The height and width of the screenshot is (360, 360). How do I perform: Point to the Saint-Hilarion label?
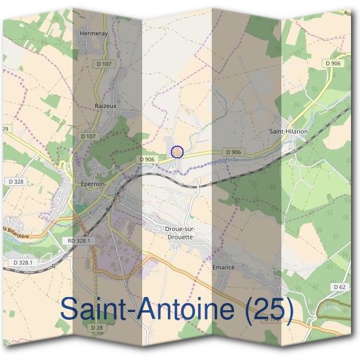click(288, 131)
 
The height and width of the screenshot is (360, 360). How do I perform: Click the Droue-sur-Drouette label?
click(179, 232)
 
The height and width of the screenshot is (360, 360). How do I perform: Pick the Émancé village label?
click(223, 266)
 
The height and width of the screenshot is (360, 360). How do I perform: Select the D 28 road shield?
click(97, 328)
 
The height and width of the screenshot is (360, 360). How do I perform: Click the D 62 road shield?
click(340, 287)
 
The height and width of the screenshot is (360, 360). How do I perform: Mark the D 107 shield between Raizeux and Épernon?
click(88, 136)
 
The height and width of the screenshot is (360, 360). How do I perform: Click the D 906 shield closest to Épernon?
click(146, 159)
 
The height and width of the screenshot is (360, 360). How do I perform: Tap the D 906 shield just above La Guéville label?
click(234, 152)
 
